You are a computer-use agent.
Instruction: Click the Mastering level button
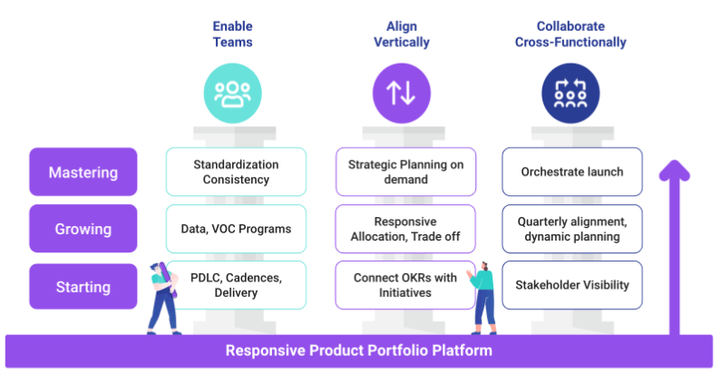[83, 172]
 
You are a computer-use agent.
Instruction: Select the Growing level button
[83, 229]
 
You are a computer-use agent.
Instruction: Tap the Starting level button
[83, 286]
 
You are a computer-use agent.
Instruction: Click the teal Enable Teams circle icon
[233, 94]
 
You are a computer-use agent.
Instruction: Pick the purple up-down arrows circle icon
[402, 94]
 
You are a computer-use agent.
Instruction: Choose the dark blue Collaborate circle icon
[570, 94]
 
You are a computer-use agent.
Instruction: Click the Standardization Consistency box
[236, 172]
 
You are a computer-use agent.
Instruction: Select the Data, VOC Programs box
[236, 229]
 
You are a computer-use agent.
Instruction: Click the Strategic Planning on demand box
[405, 172]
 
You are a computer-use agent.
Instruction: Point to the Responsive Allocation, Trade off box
[405, 229]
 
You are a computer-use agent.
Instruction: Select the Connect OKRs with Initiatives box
[404, 285]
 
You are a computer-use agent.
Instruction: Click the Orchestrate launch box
[572, 172]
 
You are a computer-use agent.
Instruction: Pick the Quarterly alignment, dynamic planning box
[572, 229]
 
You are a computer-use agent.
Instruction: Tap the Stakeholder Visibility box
[572, 285]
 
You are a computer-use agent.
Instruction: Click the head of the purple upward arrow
[674, 169]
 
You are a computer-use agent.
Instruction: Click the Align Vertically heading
[402, 34]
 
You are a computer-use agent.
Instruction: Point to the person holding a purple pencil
[163, 298]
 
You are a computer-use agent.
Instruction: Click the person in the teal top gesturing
[482, 298]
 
